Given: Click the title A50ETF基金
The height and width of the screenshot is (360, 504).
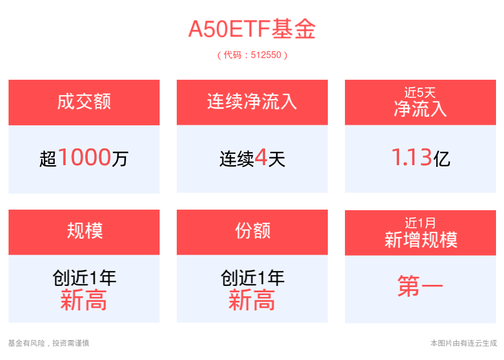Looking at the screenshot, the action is (252, 29).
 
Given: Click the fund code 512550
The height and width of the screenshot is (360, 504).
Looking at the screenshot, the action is (266, 55).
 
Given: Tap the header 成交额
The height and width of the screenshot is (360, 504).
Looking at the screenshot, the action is (84, 101).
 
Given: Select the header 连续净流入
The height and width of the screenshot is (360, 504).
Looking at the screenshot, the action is (252, 101).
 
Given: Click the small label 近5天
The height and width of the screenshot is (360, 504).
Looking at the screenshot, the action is (420, 92).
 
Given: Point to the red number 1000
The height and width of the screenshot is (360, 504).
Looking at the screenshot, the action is (85, 157).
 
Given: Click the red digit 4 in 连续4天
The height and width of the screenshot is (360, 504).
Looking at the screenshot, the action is (261, 157).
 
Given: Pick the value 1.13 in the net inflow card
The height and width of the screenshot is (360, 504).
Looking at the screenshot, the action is (412, 157).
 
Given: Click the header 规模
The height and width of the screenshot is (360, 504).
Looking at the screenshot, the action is (85, 231).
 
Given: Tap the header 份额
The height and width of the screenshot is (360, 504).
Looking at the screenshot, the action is (253, 231).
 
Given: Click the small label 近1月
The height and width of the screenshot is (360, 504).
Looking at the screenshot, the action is (420, 223).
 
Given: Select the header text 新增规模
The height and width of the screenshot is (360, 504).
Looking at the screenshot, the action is (421, 240).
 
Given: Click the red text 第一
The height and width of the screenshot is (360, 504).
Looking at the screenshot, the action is (420, 286).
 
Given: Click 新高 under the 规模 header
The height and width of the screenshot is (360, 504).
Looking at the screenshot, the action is (83, 300).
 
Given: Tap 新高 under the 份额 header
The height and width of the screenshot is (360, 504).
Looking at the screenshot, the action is (251, 300).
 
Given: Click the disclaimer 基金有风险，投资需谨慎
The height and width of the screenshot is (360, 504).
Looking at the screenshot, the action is (48, 343).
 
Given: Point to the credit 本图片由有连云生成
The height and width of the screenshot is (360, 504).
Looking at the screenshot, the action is (464, 343).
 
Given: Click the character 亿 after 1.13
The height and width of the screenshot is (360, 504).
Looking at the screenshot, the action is (442, 159).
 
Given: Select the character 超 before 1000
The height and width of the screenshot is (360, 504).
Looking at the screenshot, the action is (48, 159).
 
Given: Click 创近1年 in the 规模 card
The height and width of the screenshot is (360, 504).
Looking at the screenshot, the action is (84, 278).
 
